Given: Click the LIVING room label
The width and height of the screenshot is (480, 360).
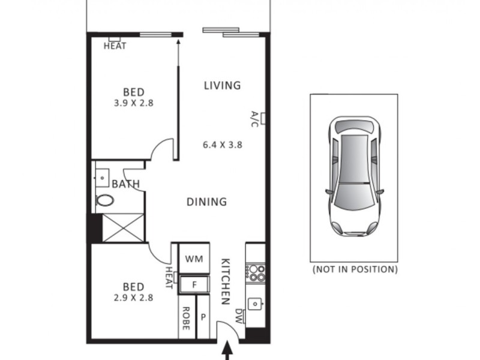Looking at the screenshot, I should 222,85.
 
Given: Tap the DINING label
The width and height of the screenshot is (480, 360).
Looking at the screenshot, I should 206,202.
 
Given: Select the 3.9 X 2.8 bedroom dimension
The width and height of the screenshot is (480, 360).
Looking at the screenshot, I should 133,103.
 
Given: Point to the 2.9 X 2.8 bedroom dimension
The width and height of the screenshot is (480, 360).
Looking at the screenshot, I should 133,296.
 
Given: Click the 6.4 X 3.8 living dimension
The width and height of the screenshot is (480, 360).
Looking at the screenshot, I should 222,144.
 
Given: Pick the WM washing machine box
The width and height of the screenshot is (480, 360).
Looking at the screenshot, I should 193,259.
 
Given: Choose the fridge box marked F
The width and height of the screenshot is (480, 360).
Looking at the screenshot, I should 194,284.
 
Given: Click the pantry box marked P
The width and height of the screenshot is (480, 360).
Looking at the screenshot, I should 203,317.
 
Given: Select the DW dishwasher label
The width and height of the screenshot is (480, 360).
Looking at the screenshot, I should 239,316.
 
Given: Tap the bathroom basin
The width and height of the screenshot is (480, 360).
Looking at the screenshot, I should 102,178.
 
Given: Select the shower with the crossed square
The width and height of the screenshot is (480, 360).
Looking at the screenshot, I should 123,228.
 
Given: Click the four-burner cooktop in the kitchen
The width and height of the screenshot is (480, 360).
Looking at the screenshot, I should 257,274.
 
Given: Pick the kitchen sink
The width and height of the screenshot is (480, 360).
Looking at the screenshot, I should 257,305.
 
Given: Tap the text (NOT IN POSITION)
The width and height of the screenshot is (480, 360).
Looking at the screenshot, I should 355,269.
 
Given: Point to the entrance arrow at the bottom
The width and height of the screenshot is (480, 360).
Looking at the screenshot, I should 228,353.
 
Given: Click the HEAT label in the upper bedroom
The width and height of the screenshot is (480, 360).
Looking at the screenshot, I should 115,46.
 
